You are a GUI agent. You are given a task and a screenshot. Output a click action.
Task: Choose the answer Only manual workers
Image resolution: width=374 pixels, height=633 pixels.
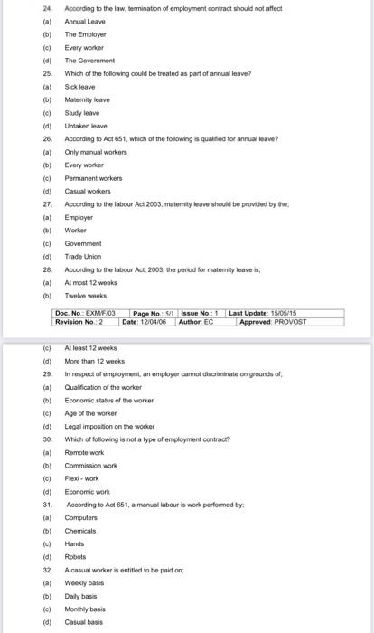coord(91,153)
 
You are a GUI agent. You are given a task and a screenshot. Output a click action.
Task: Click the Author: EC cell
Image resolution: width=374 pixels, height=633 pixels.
coord(195,321)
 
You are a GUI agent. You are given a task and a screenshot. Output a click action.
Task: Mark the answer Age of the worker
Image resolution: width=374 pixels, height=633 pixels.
coord(91,412)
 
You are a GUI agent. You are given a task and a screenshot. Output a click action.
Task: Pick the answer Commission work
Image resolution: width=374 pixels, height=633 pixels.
coord(91,465)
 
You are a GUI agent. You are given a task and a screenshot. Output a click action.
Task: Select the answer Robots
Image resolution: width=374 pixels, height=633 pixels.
coord(75,557)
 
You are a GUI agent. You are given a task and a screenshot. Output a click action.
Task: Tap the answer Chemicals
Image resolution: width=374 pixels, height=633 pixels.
coord(80,531)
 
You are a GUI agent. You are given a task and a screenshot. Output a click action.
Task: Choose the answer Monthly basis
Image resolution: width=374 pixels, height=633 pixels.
coord(85,609)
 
